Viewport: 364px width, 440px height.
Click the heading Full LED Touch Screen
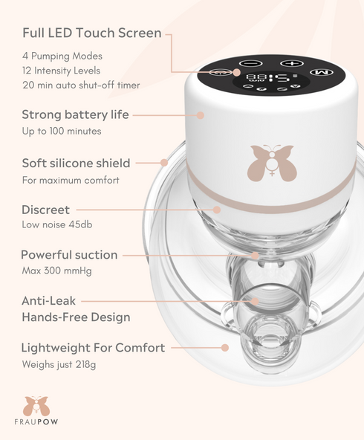point(92,33)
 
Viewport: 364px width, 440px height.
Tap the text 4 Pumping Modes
point(62,56)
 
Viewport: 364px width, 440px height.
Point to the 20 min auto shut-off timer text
point(81,85)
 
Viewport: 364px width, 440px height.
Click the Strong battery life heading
point(75,115)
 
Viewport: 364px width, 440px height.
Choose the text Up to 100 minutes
point(62,132)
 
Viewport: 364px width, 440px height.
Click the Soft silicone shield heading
point(76,163)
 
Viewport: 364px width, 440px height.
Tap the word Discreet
point(45,210)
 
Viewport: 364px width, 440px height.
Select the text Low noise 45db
point(56,225)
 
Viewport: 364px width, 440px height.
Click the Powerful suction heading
point(69,255)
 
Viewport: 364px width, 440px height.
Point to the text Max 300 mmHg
point(56,271)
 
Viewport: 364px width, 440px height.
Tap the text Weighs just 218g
point(59,364)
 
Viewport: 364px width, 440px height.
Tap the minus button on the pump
point(250,64)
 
